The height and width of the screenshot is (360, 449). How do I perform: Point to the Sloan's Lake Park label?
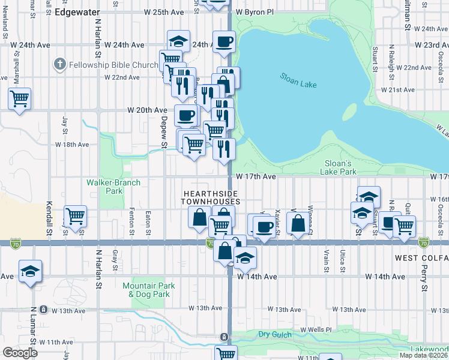tap(341, 167)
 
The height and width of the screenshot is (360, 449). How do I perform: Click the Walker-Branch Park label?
tap(113, 187)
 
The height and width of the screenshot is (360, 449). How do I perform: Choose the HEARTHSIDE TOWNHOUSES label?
tap(211, 197)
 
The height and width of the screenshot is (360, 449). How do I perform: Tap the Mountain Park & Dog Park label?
tap(149, 290)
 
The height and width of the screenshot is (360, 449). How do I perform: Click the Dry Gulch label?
tap(274, 334)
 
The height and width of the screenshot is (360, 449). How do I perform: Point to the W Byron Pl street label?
tap(255, 12)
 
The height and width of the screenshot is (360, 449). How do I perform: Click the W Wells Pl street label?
tap(316, 330)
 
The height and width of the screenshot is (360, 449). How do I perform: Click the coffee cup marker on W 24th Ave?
tap(224, 42)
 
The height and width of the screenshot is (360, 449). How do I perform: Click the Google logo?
tap(20, 353)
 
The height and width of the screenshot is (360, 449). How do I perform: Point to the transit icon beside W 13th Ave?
tap(44, 310)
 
